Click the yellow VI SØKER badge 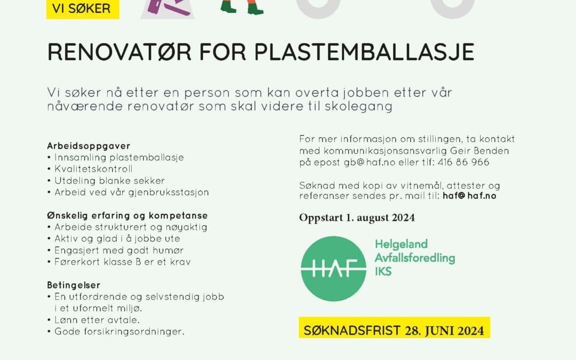[83, 9]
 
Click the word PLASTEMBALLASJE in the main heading [364, 52]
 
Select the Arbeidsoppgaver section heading [89, 146]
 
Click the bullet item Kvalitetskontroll [93, 169]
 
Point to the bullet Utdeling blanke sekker [109, 181]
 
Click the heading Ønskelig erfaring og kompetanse [127, 215]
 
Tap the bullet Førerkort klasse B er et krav [122, 262]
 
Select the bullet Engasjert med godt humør [118, 250]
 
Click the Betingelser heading [74, 285]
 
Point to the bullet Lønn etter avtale [97, 320]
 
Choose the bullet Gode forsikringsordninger [119, 332]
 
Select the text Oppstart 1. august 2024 [357, 218]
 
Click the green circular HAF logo [333, 268]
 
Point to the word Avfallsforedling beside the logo [414, 258]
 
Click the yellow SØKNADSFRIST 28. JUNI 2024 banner [394, 330]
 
